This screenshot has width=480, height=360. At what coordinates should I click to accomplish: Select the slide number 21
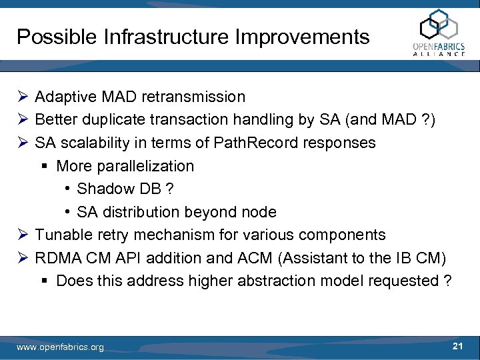click(x=457, y=345)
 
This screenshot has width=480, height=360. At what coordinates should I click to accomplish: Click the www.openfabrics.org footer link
click(x=60, y=347)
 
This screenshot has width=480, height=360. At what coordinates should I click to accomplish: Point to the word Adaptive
click(x=64, y=97)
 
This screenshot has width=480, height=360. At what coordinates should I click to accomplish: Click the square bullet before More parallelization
click(x=44, y=166)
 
